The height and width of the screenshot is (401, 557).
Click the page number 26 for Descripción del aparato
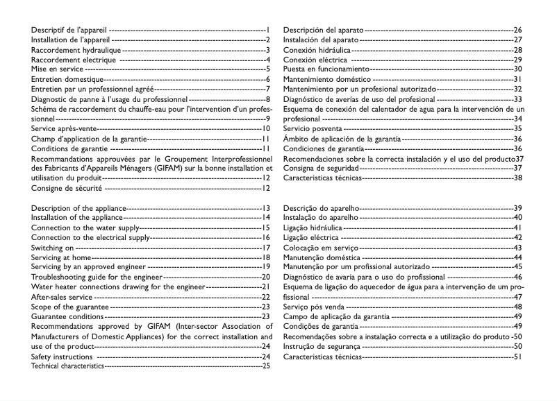tap(517, 31)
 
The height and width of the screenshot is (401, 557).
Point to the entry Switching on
tap(53, 247)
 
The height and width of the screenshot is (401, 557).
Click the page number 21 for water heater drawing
tap(265, 287)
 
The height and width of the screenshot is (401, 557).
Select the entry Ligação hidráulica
tap(313, 228)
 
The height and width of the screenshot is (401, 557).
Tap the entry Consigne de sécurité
tap(67, 188)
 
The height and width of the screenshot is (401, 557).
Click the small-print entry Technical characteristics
tap(67, 366)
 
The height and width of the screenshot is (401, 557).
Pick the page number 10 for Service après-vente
tap(265, 129)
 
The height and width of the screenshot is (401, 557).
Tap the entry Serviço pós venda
tap(314, 306)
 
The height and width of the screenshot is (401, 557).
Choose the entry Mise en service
tap(56, 70)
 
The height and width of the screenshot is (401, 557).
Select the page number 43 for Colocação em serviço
tap(517, 247)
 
